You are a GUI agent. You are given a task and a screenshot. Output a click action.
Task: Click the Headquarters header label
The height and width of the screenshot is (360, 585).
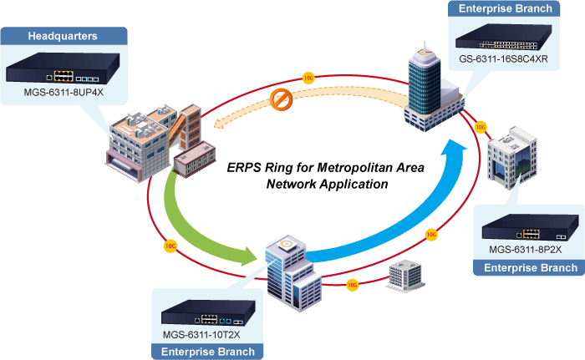pos(63,36)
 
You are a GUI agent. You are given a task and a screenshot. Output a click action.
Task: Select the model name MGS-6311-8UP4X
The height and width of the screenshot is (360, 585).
pos(64,92)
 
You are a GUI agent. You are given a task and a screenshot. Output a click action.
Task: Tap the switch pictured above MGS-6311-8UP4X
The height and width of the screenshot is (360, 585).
pos(63,68)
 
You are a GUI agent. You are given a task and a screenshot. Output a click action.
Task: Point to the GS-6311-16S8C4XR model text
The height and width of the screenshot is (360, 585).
pos(503,59)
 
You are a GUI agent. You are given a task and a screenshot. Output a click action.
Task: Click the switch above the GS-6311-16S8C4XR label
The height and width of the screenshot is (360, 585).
pos(504,37)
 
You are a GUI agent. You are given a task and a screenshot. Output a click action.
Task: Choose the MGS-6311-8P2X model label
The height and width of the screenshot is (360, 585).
pos(526,250)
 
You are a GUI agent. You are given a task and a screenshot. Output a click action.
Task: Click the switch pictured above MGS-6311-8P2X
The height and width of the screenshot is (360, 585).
pos(530,227)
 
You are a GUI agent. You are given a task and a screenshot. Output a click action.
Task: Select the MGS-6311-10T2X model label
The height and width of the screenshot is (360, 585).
pos(201,335)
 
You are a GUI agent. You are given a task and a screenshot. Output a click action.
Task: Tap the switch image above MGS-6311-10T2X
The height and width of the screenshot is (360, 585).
pos(208,312)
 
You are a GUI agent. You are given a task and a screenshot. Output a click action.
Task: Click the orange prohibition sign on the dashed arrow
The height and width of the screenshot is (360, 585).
pos(281,99)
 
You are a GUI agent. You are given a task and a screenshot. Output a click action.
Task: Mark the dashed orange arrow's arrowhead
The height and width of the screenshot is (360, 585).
pos(219,124)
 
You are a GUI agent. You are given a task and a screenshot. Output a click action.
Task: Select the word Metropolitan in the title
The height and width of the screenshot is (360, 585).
pos(353,168)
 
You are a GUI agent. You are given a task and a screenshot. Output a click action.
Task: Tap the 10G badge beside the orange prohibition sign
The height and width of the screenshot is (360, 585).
pos(308,78)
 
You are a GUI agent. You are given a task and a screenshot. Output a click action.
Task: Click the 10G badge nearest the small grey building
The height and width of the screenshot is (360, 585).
pos(353,286)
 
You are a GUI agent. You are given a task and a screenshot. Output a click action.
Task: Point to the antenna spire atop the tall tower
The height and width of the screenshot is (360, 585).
pos(425,46)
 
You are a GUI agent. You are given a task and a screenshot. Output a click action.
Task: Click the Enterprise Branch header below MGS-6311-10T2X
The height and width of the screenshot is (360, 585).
pos(208,352)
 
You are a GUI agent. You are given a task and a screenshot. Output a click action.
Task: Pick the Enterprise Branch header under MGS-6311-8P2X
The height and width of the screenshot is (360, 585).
pos(531,268)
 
